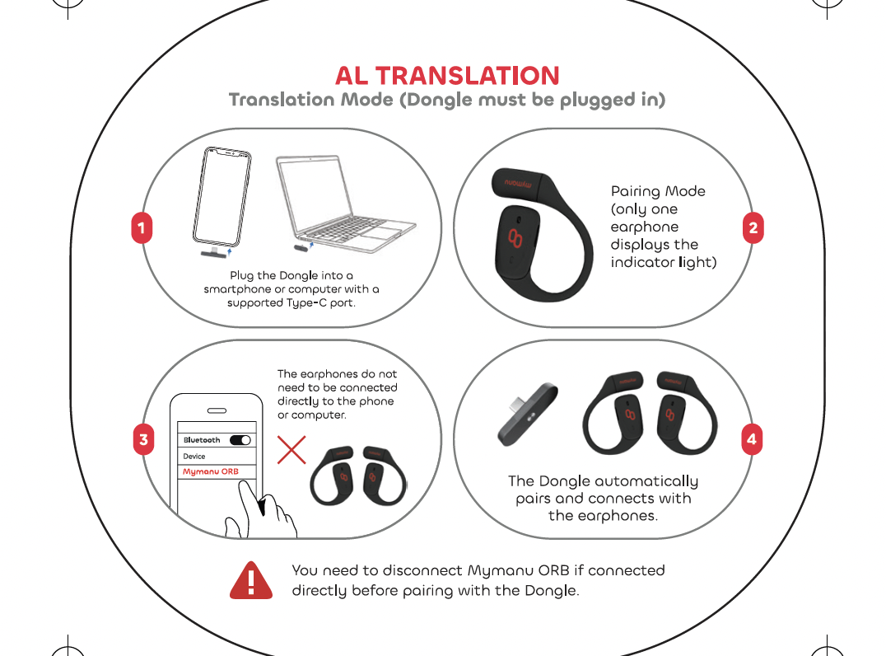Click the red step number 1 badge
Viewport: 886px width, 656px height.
pyautogui.click(x=142, y=228)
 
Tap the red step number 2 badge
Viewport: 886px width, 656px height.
pyautogui.click(x=753, y=228)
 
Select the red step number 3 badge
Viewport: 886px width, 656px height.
pyautogui.click(x=143, y=439)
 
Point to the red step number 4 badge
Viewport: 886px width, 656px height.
pyautogui.click(x=752, y=439)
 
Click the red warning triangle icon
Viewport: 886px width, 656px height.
pyautogui.click(x=251, y=581)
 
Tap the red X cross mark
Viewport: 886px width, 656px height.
pyautogui.click(x=291, y=450)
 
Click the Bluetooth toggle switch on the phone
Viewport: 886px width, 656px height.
pyautogui.click(x=240, y=440)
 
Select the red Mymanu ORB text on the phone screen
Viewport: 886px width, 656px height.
pyautogui.click(x=210, y=471)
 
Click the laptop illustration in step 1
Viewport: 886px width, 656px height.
pyautogui.click(x=346, y=204)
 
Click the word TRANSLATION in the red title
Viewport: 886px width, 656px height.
pyautogui.click(x=468, y=76)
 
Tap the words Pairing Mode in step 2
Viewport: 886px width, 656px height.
pyautogui.click(x=658, y=191)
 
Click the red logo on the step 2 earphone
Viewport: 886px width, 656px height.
pyautogui.click(x=515, y=238)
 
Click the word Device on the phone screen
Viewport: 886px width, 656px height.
pyautogui.click(x=194, y=457)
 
